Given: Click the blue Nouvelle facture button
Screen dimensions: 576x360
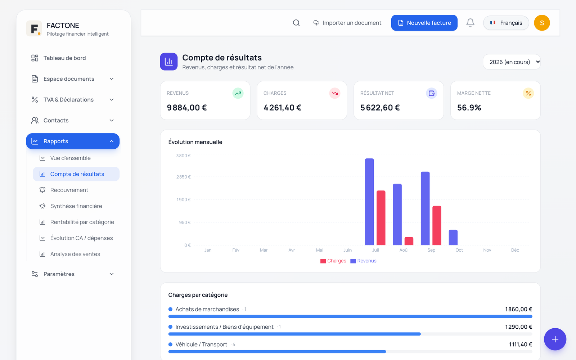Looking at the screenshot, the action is (x=424, y=23).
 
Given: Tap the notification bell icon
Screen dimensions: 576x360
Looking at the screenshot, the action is (x=470, y=23).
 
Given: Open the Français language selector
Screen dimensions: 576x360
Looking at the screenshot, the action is (x=506, y=23).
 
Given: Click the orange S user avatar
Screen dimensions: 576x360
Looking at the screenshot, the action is (x=542, y=23).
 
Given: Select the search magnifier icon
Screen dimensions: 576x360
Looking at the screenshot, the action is (x=296, y=23).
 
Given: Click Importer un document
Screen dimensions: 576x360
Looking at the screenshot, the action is (x=347, y=23).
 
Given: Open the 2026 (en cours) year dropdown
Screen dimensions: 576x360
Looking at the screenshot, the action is (x=512, y=62).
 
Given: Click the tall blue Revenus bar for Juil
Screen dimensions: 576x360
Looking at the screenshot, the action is (x=369, y=202).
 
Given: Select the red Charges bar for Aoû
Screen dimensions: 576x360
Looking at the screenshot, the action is (x=409, y=241).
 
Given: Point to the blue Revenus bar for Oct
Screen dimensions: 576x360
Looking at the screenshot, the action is (x=453, y=237).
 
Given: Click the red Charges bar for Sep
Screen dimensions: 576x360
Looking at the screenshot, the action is (x=437, y=225).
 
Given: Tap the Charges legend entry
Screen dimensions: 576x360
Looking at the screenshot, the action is (x=333, y=261).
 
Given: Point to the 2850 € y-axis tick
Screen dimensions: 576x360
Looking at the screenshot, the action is (x=183, y=177).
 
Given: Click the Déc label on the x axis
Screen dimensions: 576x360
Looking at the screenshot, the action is (x=515, y=250).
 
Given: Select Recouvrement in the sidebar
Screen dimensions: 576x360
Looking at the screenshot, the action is (x=69, y=190).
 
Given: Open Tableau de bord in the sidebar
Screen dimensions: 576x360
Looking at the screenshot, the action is (x=64, y=58).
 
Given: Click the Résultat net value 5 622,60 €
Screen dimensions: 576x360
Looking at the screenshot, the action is (x=380, y=108).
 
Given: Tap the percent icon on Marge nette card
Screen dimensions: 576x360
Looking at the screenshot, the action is (x=528, y=93).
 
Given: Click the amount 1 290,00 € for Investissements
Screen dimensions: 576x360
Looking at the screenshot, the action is (x=519, y=327).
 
